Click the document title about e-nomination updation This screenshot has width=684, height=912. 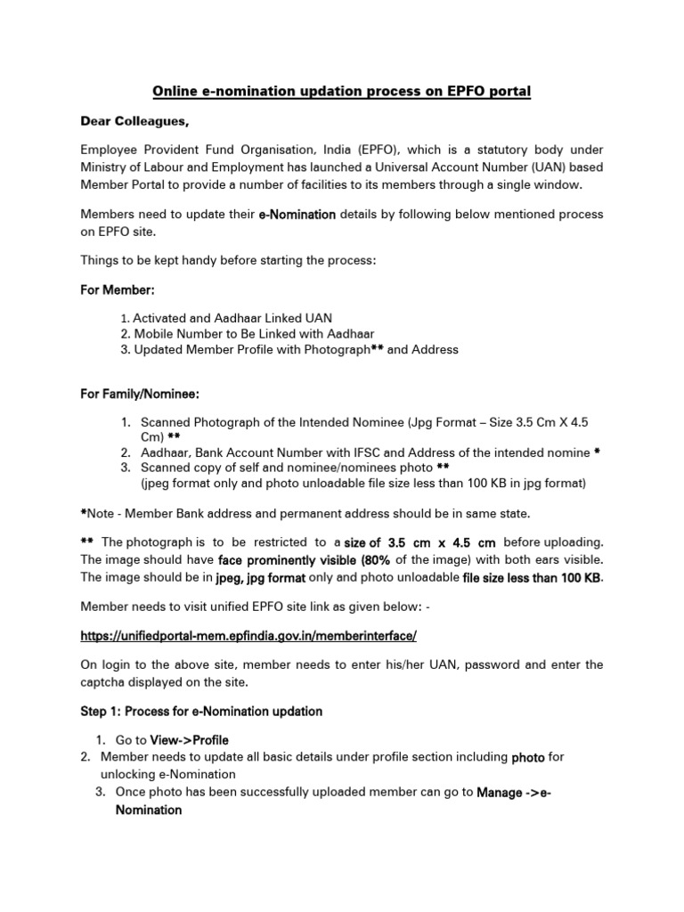click(x=342, y=92)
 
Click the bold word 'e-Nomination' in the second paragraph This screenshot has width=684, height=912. click(x=298, y=215)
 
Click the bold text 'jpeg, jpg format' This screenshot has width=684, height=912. click(x=261, y=577)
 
